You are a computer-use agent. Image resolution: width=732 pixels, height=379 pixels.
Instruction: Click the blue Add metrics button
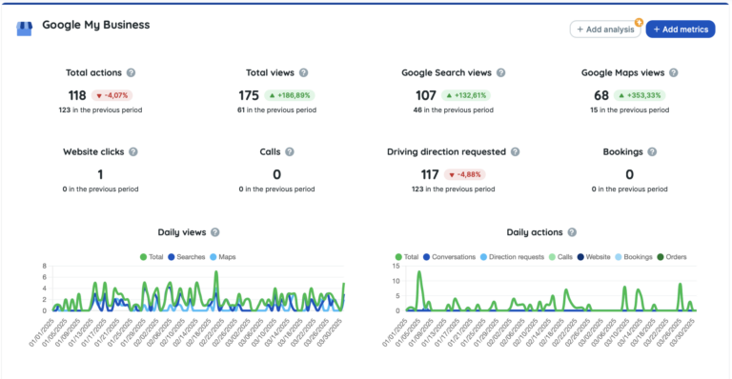click(x=680, y=30)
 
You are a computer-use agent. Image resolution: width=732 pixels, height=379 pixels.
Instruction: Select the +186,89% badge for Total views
click(x=290, y=95)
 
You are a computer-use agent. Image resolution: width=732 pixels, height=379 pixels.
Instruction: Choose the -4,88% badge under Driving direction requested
click(x=464, y=174)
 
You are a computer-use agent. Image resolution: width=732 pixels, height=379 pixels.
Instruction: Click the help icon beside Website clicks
click(x=133, y=151)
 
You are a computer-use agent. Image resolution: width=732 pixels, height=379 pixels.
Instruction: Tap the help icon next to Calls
click(x=289, y=151)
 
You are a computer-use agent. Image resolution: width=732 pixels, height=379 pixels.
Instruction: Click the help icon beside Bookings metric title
click(x=651, y=151)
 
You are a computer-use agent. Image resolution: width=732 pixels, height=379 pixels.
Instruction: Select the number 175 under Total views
click(x=250, y=95)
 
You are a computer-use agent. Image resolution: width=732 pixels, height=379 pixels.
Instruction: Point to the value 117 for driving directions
click(x=430, y=174)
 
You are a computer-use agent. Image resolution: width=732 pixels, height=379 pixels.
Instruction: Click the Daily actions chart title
click(x=535, y=232)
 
